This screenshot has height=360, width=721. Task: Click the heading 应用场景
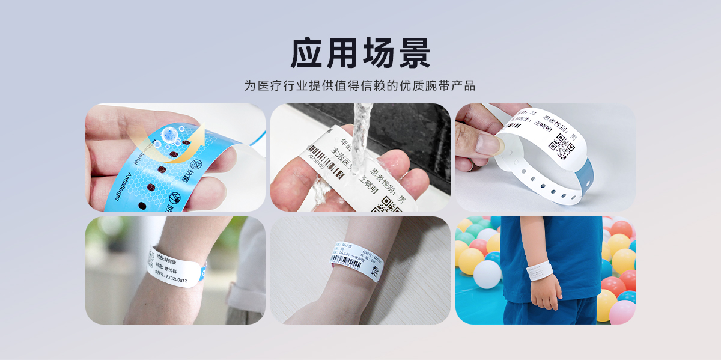coord(360,53)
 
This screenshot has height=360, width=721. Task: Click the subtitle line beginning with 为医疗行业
coord(360,85)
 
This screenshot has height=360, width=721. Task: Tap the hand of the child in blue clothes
coord(545,291)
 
